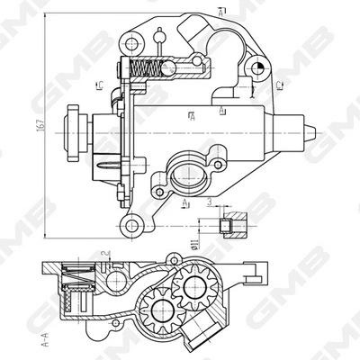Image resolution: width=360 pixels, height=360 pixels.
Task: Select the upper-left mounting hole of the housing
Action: click(x=132, y=42)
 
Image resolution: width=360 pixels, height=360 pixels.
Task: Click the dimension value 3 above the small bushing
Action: click(x=209, y=203)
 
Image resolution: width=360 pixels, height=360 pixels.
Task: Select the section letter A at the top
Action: click(x=221, y=10)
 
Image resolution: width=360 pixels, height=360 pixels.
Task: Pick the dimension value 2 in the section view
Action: click(x=104, y=256)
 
